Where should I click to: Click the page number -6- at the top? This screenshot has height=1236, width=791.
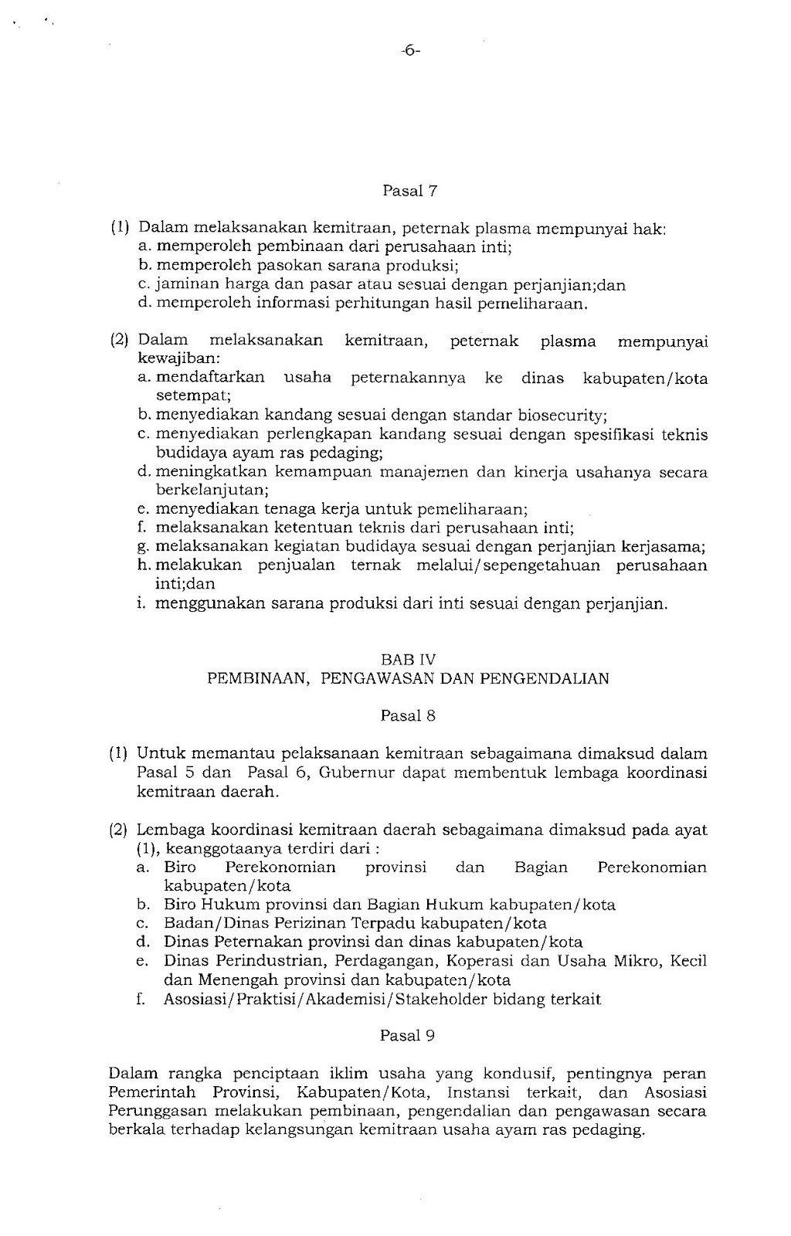click(410, 52)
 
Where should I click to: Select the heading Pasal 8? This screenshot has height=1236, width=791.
click(409, 716)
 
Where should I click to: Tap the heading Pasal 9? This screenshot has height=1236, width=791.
click(408, 1036)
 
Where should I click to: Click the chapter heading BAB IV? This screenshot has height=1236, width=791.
click(409, 660)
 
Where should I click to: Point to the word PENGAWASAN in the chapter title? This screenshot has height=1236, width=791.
click(372, 679)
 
